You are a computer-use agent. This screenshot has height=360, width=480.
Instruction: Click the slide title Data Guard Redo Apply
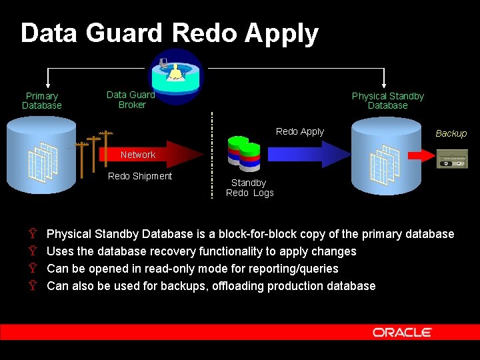pyautogui.click(x=169, y=33)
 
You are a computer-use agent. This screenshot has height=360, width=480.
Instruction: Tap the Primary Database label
pyautogui.click(x=41, y=101)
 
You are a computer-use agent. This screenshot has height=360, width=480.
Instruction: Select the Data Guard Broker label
pyautogui.click(x=131, y=100)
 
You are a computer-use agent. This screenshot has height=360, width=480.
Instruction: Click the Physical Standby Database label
pyautogui.click(x=387, y=101)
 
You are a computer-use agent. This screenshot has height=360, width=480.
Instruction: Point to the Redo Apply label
pyautogui.click(x=300, y=131)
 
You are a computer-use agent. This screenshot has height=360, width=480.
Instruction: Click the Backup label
pyautogui.click(x=451, y=133)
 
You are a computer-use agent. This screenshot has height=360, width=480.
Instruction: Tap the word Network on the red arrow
pyautogui.click(x=138, y=155)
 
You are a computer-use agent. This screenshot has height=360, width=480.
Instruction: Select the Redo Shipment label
pyautogui.click(x=140, y=176)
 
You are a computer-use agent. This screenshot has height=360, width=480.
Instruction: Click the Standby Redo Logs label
pyautogui.click(x=249, y=188)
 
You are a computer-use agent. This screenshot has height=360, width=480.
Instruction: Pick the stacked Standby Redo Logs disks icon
pyautogui.click(x=244, y=153)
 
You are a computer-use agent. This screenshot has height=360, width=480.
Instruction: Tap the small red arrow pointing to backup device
pyautogui.click(x=419, y=155)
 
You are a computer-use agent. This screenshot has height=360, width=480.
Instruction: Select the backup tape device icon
pyautogui.click(x=452, y=159)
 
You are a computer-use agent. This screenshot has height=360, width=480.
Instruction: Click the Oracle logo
pyautogui.click(x=402, y=332)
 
